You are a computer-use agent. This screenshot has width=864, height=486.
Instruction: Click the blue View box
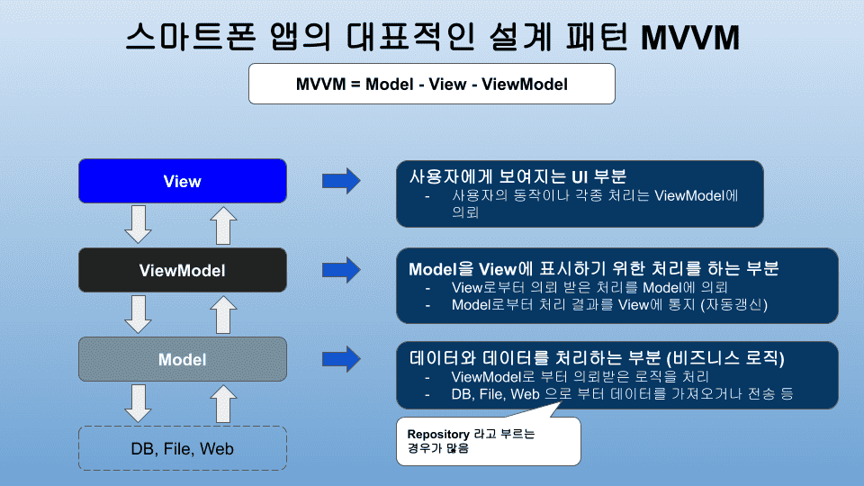pos(183,181)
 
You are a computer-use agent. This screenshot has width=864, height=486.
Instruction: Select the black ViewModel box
pos(183,270)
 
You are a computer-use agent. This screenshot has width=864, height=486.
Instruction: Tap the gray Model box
pos(183,359)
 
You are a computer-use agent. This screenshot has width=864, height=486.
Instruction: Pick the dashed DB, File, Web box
pos(183,448)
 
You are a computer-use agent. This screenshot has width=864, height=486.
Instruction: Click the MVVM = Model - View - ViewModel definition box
pos(431,84)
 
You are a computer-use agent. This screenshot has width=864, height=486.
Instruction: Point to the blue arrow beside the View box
pos(341,181)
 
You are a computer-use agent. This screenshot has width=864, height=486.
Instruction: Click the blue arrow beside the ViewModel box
pos(341,270)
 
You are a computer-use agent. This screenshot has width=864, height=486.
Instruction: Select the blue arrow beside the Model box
pos(341,359)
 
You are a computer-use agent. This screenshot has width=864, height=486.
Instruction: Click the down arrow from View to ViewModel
pos(139,224)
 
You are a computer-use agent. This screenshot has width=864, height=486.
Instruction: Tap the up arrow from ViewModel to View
pos(223,225)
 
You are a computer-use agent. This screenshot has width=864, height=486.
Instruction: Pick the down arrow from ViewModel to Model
pos(139,314)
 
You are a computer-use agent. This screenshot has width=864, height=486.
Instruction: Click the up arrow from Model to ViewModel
pos(223,315)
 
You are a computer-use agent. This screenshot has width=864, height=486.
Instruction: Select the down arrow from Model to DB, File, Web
pos(139,403)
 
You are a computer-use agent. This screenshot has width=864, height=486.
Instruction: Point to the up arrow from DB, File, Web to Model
pos(223,404)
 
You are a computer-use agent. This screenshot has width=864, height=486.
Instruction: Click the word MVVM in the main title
pos(690,38)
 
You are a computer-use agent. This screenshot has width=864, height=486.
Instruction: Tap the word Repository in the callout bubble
pos(438,434)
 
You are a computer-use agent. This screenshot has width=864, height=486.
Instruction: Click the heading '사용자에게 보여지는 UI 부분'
pos(517,176)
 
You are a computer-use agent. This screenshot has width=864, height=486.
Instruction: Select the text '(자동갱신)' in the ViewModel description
pos(734,305)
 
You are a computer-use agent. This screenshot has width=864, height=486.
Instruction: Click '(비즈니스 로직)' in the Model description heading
pos(725,358)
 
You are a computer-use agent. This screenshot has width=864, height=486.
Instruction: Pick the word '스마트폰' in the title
pos(191,37)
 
